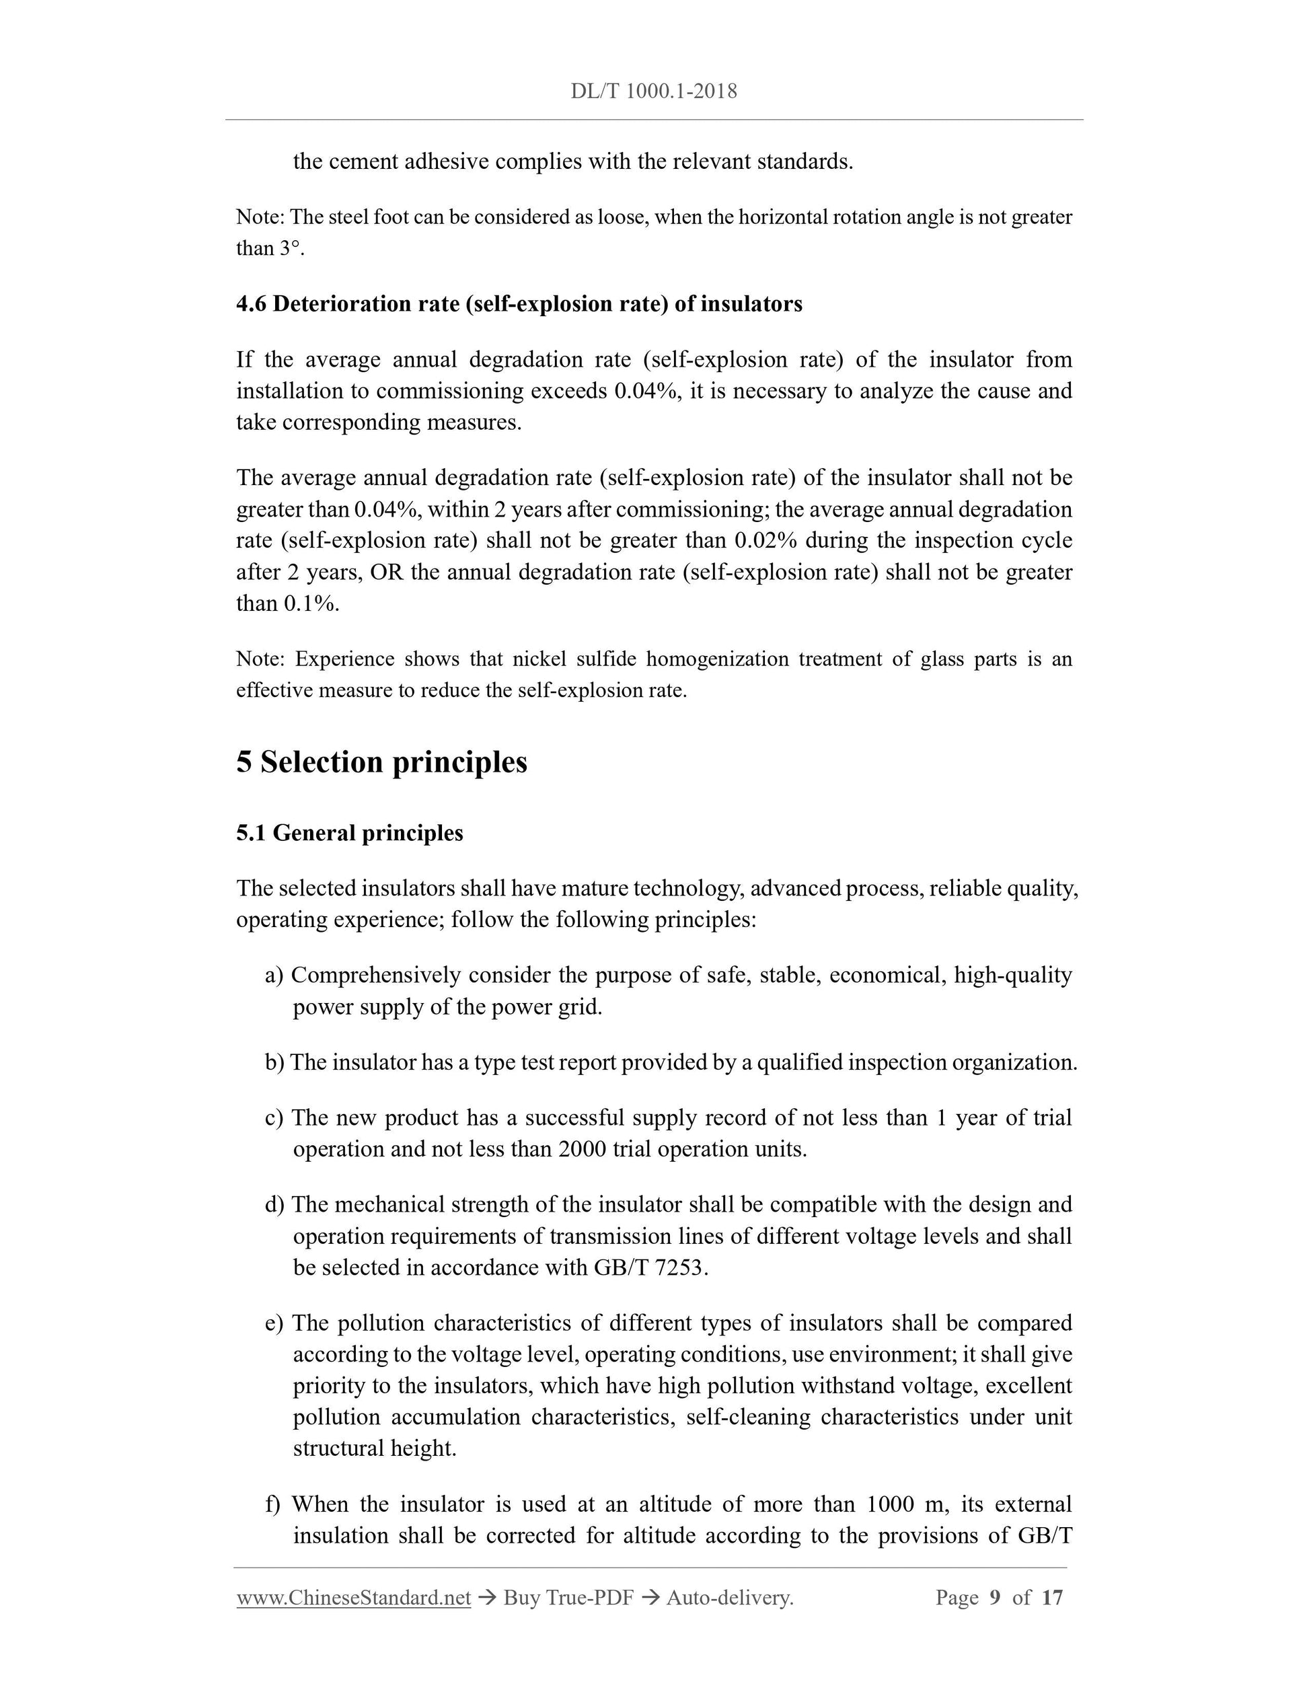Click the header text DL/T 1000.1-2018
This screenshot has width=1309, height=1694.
pyautogui.click(x=654, y=91)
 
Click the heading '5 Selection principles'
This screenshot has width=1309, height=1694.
pyautogui.click(x=381, y=762)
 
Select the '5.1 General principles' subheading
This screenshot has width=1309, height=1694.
pyautogui.click(x=350, y=833)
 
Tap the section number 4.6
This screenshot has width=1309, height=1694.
pyautogui.click(x=252, y=304)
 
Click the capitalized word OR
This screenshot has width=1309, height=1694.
pyautogui.click(x=386, y=573)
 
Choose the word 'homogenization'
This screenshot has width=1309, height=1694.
pyautogui.click(x=716, y=659)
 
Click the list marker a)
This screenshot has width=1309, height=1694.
pyautogui.click(x=274, y=975)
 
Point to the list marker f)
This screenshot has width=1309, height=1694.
pyautogui.click(x=273, y=1504)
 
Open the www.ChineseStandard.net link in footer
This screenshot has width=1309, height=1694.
pyautogui.click(x=354, y=1598)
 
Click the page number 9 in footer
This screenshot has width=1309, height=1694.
pyautogui.click(x=995, y=1598)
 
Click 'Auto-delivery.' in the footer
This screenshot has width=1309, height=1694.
pyautogui.click(x=730, y=1598)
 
